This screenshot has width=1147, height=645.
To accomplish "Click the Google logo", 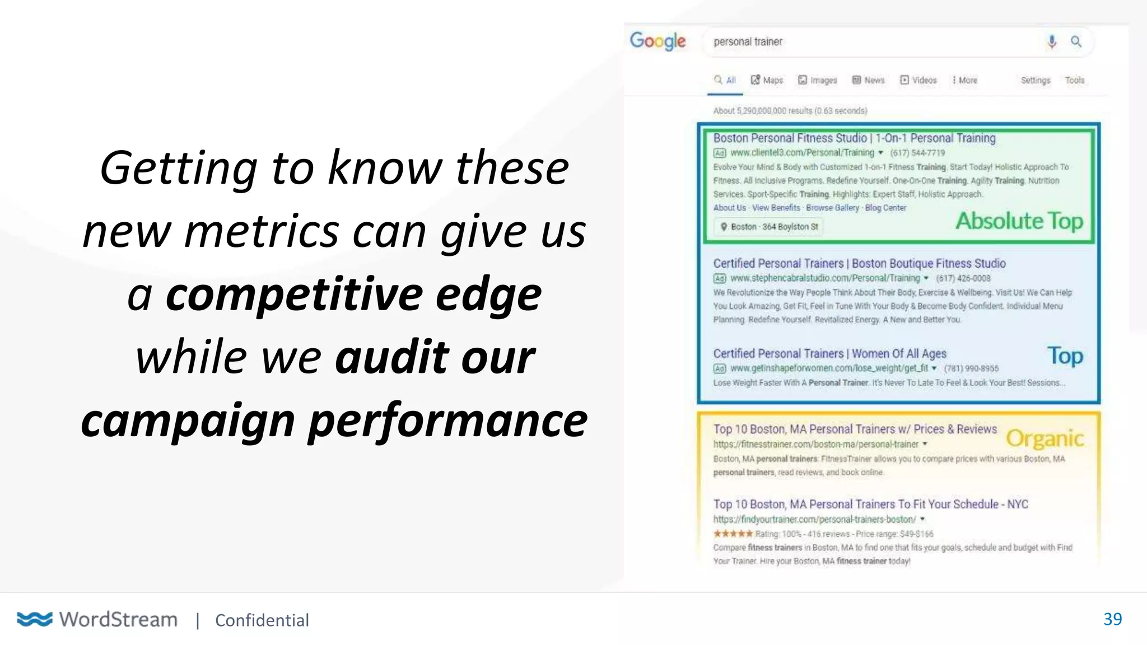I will pos(658,41).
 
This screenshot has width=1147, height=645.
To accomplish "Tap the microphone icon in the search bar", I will pos(1052,41).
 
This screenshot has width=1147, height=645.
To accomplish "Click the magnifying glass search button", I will pos(1076,41).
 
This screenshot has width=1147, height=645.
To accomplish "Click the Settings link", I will pos(1035,80).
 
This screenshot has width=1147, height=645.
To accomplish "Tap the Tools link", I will pos(1074,80).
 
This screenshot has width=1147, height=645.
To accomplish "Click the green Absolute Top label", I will pos(1019,221).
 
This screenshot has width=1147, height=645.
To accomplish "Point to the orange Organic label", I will pos(1045,438).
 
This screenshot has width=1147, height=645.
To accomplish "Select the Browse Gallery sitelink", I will pos(832,208).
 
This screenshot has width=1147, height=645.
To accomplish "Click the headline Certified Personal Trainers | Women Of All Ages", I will pos(829,353).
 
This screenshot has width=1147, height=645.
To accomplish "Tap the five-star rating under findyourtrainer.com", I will pos(733,534).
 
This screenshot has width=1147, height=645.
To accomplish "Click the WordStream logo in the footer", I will pos(97,619).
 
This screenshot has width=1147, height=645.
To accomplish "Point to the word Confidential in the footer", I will pos(262,620).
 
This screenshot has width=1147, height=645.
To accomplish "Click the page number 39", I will pos(1112,619).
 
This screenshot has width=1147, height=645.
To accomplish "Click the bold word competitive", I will pos(294,295).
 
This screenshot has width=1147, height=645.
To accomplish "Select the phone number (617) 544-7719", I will pos(917,153).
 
